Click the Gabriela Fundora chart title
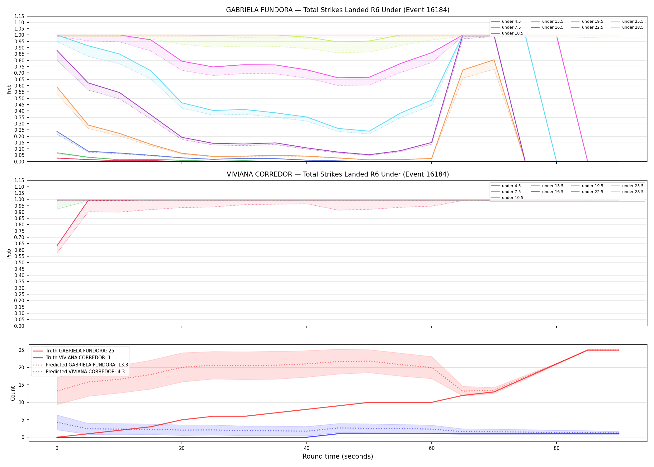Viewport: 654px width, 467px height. click(338, 10)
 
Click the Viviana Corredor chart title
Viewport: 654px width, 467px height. click(338, 174)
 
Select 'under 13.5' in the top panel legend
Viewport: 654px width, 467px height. click(552, 21)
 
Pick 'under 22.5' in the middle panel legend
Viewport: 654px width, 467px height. click(592, 192)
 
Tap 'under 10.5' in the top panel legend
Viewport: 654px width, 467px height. click(512, 33)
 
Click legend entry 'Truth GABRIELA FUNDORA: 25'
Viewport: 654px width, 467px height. click(80, 351)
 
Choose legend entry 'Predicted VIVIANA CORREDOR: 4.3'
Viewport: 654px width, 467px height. click(85, 372)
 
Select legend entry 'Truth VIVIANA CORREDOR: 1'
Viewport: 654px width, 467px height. click(78, 358)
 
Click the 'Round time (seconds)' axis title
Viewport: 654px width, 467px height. click(338, 456)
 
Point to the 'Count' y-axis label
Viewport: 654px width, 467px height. click(13, 393)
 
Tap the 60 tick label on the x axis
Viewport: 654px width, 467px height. click(431, 448)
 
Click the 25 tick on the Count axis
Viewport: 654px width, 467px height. click(21, 350)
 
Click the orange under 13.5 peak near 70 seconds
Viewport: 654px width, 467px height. click(494, 60)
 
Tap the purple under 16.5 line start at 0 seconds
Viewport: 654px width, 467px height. click(57, 50)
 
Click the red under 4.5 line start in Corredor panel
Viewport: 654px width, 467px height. click(57, 246)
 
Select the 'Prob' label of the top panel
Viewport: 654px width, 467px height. click(9, 89)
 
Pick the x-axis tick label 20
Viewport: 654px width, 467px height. click(182, 448)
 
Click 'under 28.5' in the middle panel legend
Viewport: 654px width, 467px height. click(633, 192)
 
